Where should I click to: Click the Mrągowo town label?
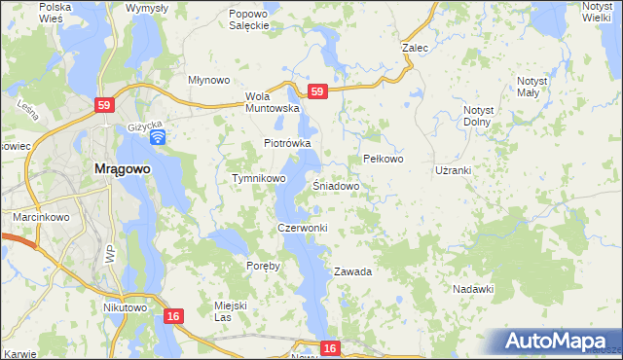[122, 168]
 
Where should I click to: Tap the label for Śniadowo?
[337, 185]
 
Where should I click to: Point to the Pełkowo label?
[383, 159]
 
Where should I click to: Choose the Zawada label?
[353, 271]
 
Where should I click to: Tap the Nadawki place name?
[474, 289]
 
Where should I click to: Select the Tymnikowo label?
[258, 179]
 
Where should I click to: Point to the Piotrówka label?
[287, 143]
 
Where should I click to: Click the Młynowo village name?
[207, 81]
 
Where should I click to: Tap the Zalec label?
[416, 46]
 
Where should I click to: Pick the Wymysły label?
[147, 8]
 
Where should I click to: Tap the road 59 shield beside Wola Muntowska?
[316, 91]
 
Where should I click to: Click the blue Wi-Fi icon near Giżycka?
[157, 137]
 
